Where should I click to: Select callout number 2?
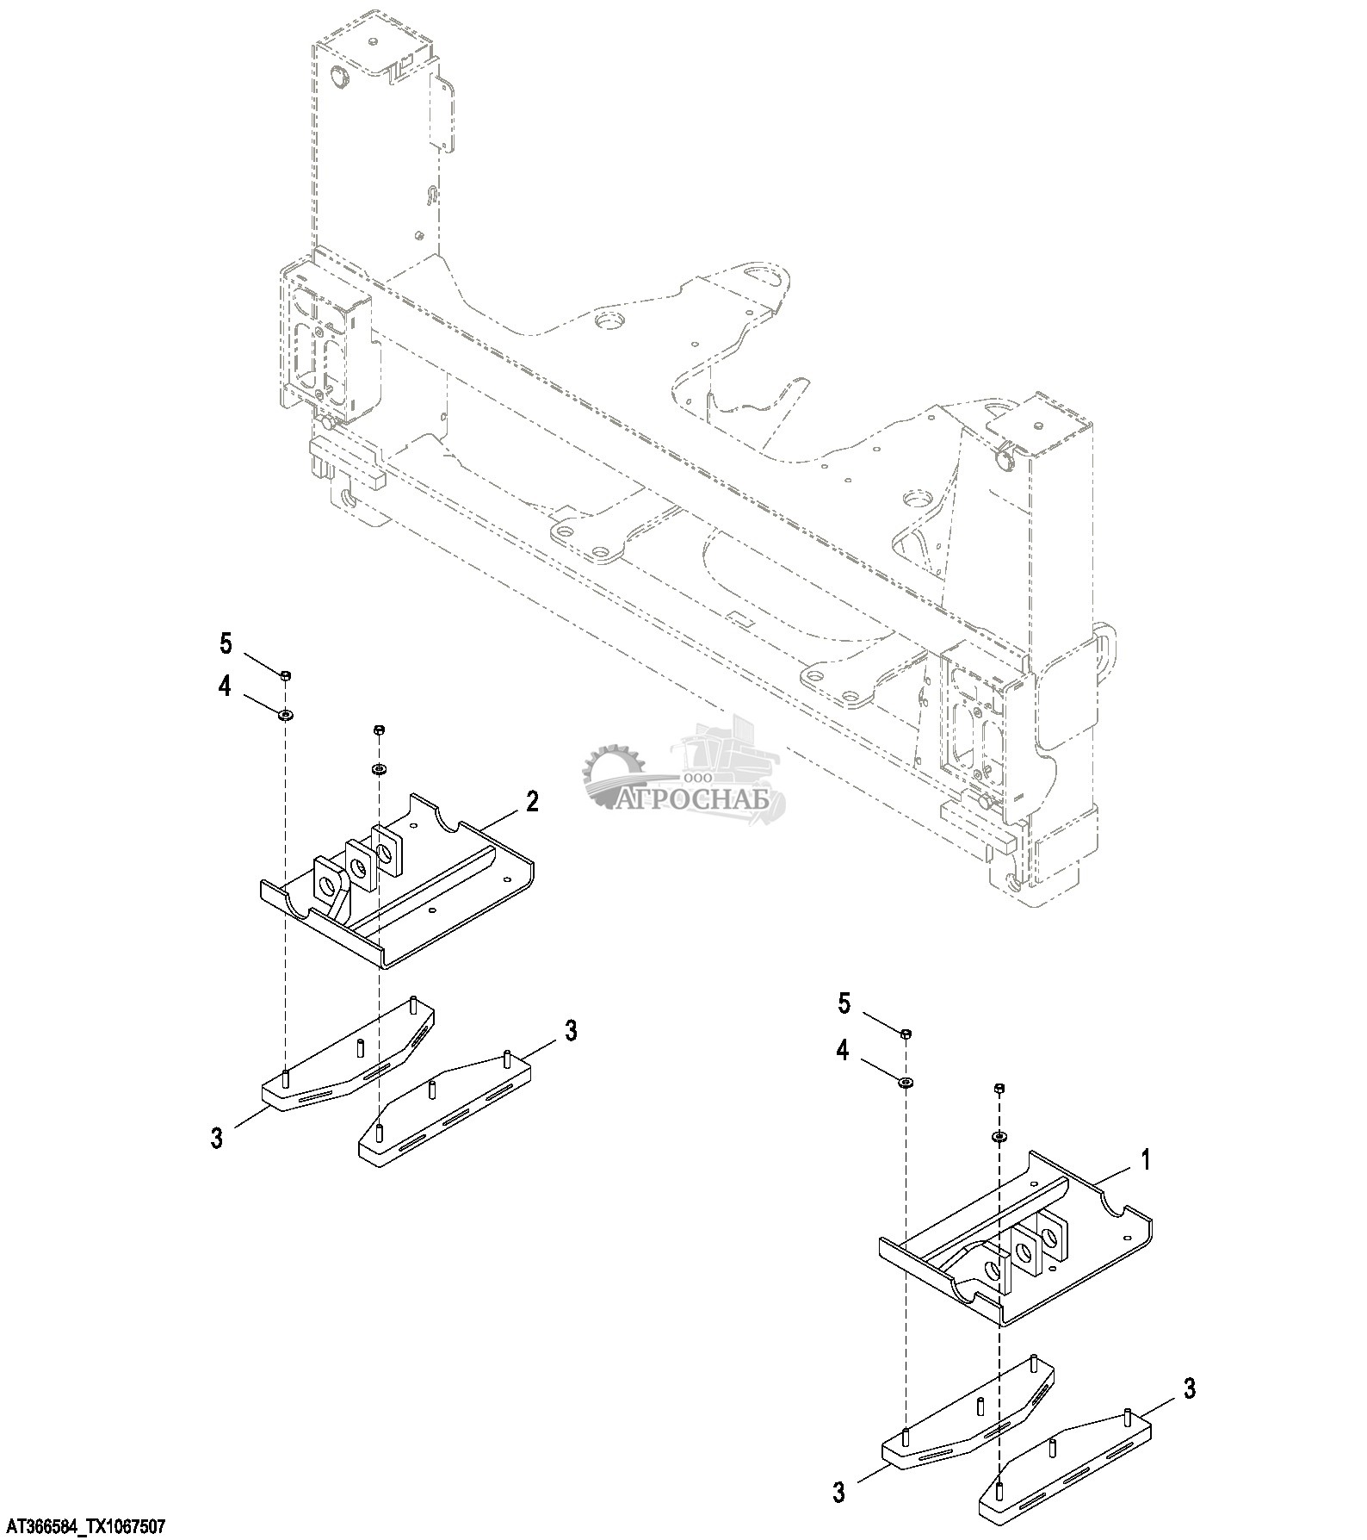click(532, 802)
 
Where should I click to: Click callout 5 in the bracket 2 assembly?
click(226, 643)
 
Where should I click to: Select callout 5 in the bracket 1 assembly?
click(844, 1003)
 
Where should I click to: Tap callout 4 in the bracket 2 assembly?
click(225, 687)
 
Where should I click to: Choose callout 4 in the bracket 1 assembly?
click(843, 1050)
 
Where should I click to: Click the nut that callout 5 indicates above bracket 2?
click(286, 674)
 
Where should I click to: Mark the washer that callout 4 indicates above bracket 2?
click(285, 714)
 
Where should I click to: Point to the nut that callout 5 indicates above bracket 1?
click(906, 1033)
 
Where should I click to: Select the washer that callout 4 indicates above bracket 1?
click(906, 1081)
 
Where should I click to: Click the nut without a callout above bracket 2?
click(379, 730)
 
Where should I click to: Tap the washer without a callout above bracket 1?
click(999, 1137)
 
